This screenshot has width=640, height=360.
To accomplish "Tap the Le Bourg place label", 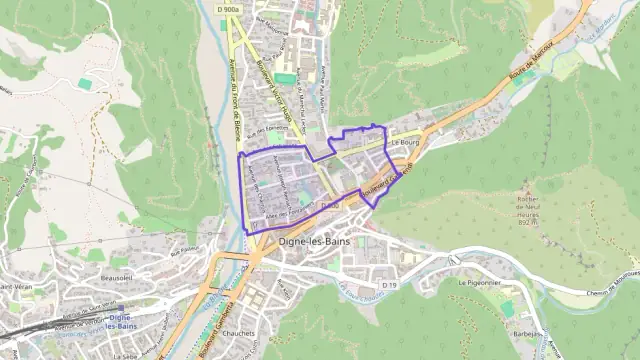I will [x=404, y=142].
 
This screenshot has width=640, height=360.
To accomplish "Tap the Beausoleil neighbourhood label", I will [x=117, y=277].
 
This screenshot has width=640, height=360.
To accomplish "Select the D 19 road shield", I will [x=389, y=286].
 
